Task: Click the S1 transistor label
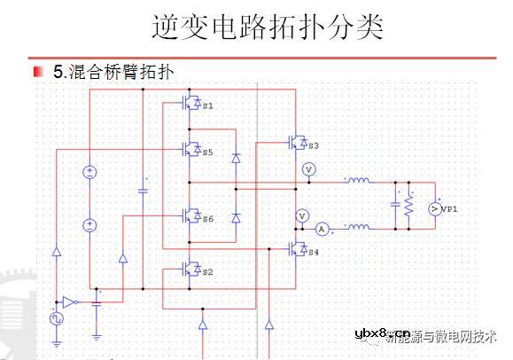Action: tap(208, 106)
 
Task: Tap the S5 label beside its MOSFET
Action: tap(207, 153)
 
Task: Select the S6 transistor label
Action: tap(207, 218)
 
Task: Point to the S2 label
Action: tap(207, 271)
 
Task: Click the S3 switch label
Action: tap(313, 145)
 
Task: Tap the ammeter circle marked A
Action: tap(323, 229)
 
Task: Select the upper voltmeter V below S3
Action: tap(309, 168)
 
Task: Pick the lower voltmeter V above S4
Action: tap(301, 215)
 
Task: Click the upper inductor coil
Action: tap(357, 182)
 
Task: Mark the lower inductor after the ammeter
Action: tap(357, 228)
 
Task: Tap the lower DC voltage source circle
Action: tap(89, 224)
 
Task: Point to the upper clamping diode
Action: tap(236, 158)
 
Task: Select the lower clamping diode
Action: tap(236, 217)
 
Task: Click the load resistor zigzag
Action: tap(408, 206)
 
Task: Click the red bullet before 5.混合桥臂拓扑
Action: tap(39, 71)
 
